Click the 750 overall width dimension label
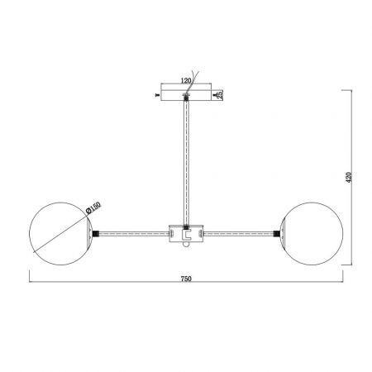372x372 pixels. click(186, 279)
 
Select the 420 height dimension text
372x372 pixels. click(349, 178)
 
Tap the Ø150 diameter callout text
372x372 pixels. click(93, 208)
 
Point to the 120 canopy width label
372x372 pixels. click(186, 81)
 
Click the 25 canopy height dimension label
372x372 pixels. click(220, 95)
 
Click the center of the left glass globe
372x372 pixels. click(60, 234)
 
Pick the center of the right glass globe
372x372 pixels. click(312, 234)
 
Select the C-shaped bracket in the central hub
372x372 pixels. click(187, 235)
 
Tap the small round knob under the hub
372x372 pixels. click(186, 245)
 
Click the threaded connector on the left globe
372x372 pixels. click(96, 234)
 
